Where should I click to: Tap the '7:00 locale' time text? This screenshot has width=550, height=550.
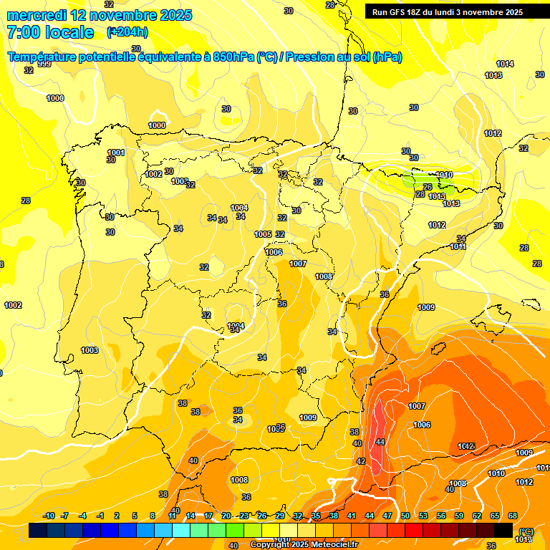coord(50,32)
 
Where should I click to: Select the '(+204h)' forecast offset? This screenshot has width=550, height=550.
coord(127,32)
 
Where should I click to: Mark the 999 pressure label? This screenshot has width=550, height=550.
coord(44,64)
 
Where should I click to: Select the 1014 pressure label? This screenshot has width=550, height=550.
coord(505,64)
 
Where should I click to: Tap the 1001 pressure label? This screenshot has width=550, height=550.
coord(116,153)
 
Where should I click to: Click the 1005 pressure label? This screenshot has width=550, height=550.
coord(263,234)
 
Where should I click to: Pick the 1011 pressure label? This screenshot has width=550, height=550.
coord(458,246)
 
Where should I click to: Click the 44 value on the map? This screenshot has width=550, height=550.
coord(380,442)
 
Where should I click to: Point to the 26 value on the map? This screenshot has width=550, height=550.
coord(428,187)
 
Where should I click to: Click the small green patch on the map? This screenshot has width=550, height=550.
coord(413,178)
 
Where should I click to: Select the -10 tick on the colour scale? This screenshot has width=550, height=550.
coord(49,516)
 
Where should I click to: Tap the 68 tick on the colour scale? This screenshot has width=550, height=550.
coord(513,516)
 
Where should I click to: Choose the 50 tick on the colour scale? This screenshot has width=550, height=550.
coord(405,516)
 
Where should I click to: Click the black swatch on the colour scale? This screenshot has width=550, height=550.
coord(503,530)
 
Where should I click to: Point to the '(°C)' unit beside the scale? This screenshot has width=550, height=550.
coord(526,531)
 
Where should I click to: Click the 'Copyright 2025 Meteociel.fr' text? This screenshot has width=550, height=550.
coord(304,544)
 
